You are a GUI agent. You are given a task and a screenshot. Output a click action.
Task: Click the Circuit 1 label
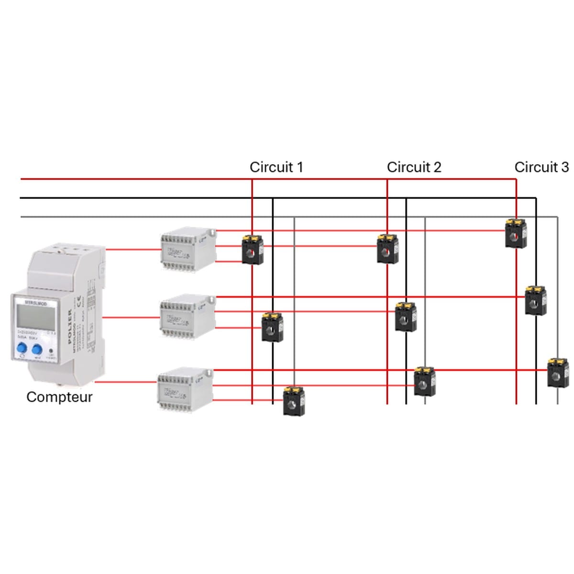click(x=276, y=167)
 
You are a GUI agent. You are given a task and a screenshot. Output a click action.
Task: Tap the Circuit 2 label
click(x=414, y=167)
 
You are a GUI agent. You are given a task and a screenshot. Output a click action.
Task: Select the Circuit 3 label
click(x=541, y=167)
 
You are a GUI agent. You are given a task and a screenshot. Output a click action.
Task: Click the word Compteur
click(x=59, y=397)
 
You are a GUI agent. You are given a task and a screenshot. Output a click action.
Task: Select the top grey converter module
click(x=187, y=249)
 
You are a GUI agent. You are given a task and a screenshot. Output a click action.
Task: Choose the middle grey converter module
click(x=187, y=316)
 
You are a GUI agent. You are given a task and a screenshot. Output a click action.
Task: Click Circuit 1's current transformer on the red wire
click(x=253, y=249)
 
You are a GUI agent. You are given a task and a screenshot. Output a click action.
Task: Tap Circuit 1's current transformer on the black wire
click(x=272, y=327)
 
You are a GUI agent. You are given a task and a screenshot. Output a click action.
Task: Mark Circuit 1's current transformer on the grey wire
click(x=294, y=401)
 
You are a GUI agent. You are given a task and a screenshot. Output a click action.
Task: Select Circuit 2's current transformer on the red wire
click(x=387, y=249)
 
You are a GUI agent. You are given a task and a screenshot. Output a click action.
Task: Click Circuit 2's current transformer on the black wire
click(x=406, y=316)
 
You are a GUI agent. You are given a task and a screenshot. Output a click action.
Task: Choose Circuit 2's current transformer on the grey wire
click(x=424, y=381)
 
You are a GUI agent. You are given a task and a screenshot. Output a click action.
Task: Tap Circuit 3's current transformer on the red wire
click(x=516, y=233)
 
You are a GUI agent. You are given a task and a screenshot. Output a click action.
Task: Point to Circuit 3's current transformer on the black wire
click(x=535, y=300)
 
